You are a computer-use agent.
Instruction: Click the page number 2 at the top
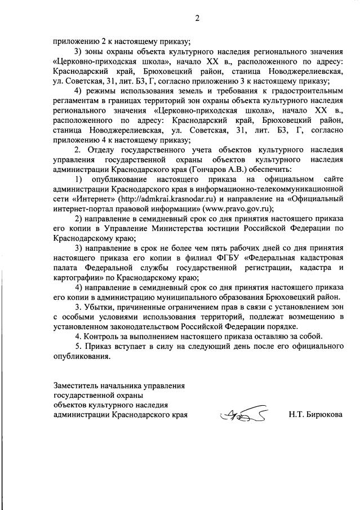pyautogui.click(x=198, y=18)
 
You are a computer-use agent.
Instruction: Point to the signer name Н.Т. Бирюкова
pyautogui.click(x=315, y=415)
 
